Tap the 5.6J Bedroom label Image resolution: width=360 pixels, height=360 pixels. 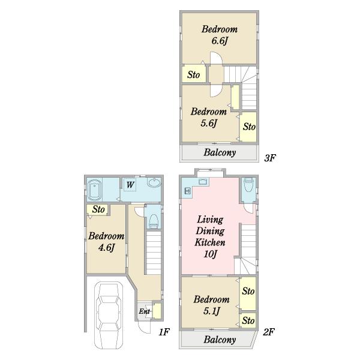click(x=208, y=118)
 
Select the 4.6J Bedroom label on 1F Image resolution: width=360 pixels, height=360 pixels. click(x=106, y=242)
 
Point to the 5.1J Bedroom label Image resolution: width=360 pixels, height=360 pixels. click(x=211, y=305)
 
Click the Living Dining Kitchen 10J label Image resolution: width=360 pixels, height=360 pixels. click(x=210, y=236)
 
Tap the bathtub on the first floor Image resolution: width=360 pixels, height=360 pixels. click(x=95, y=190)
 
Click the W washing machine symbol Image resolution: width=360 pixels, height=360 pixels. click(x=130, y=185)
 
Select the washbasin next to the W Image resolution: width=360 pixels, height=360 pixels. click(x=154, y=182)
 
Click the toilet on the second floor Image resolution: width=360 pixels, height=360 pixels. click(x=248, y=185)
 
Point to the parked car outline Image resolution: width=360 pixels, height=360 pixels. click(x=109, y=315)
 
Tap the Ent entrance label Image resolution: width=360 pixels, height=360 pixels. click(x=144, y=311)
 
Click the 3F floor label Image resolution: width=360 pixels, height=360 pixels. click(x=269, y=158)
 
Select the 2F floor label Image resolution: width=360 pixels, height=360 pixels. click(x=269, y=332)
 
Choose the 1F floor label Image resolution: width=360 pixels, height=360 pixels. click(x=164, y=332)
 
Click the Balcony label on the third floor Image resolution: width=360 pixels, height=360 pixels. click(x=220, y=152)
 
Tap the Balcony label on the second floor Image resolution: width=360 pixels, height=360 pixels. click(x=220, y=340)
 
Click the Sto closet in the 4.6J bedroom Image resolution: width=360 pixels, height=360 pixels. click(x=98, y=209)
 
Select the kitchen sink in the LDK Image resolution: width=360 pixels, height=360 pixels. click(x=203, y=181)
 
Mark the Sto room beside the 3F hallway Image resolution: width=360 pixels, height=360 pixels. click(x=194, y=74)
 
